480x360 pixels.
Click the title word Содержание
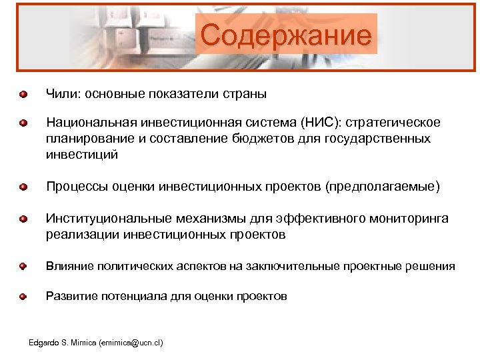(286, 35)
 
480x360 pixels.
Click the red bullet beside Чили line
(23, 94)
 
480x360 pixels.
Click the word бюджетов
(296, 139)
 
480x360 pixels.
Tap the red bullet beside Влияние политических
(23, 267)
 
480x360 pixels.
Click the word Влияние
(65, 267)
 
